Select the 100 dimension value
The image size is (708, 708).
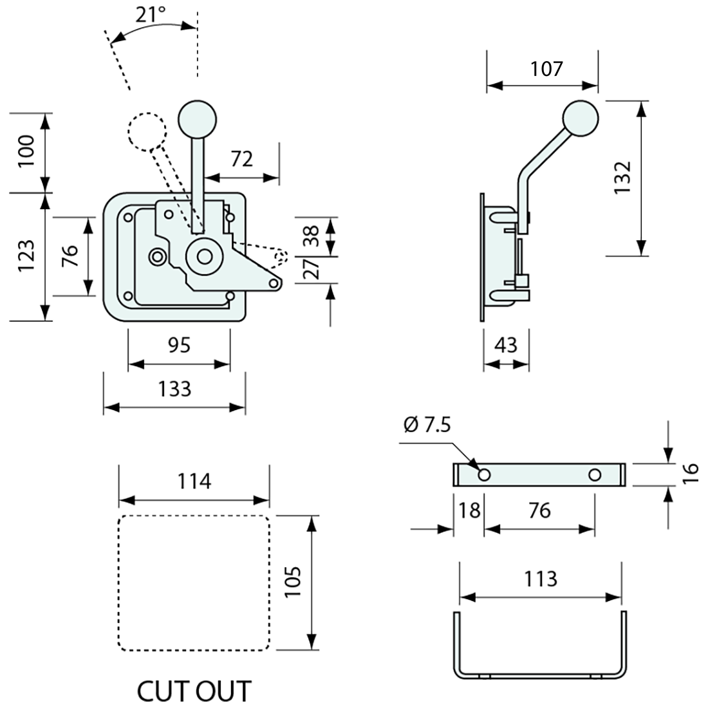point(26,152)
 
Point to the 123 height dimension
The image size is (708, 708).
point(26,256)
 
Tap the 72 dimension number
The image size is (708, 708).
point(242,158)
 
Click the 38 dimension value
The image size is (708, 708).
point(312,236)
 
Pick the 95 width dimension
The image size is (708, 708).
point(179,346)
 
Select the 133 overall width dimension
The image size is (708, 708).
point(174,389)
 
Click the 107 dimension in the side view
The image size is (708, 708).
point(546,68)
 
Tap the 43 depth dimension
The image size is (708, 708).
point(507,346)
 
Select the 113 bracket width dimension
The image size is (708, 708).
point(540,579)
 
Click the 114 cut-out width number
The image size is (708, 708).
point(194,481)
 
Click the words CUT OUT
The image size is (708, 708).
point(194,691)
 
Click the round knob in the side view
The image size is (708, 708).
point(581,119)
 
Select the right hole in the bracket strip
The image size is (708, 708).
point(595,475)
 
